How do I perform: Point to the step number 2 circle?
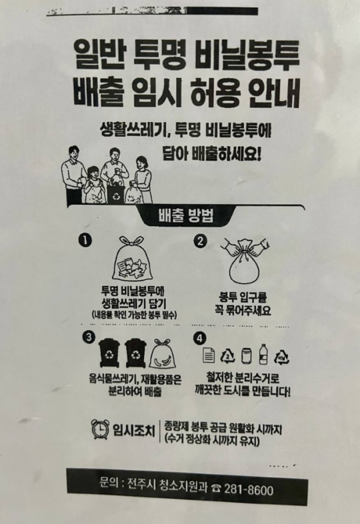click(201, 241)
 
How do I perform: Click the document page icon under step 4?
click(207, 354)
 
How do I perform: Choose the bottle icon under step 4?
click(262, 354)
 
